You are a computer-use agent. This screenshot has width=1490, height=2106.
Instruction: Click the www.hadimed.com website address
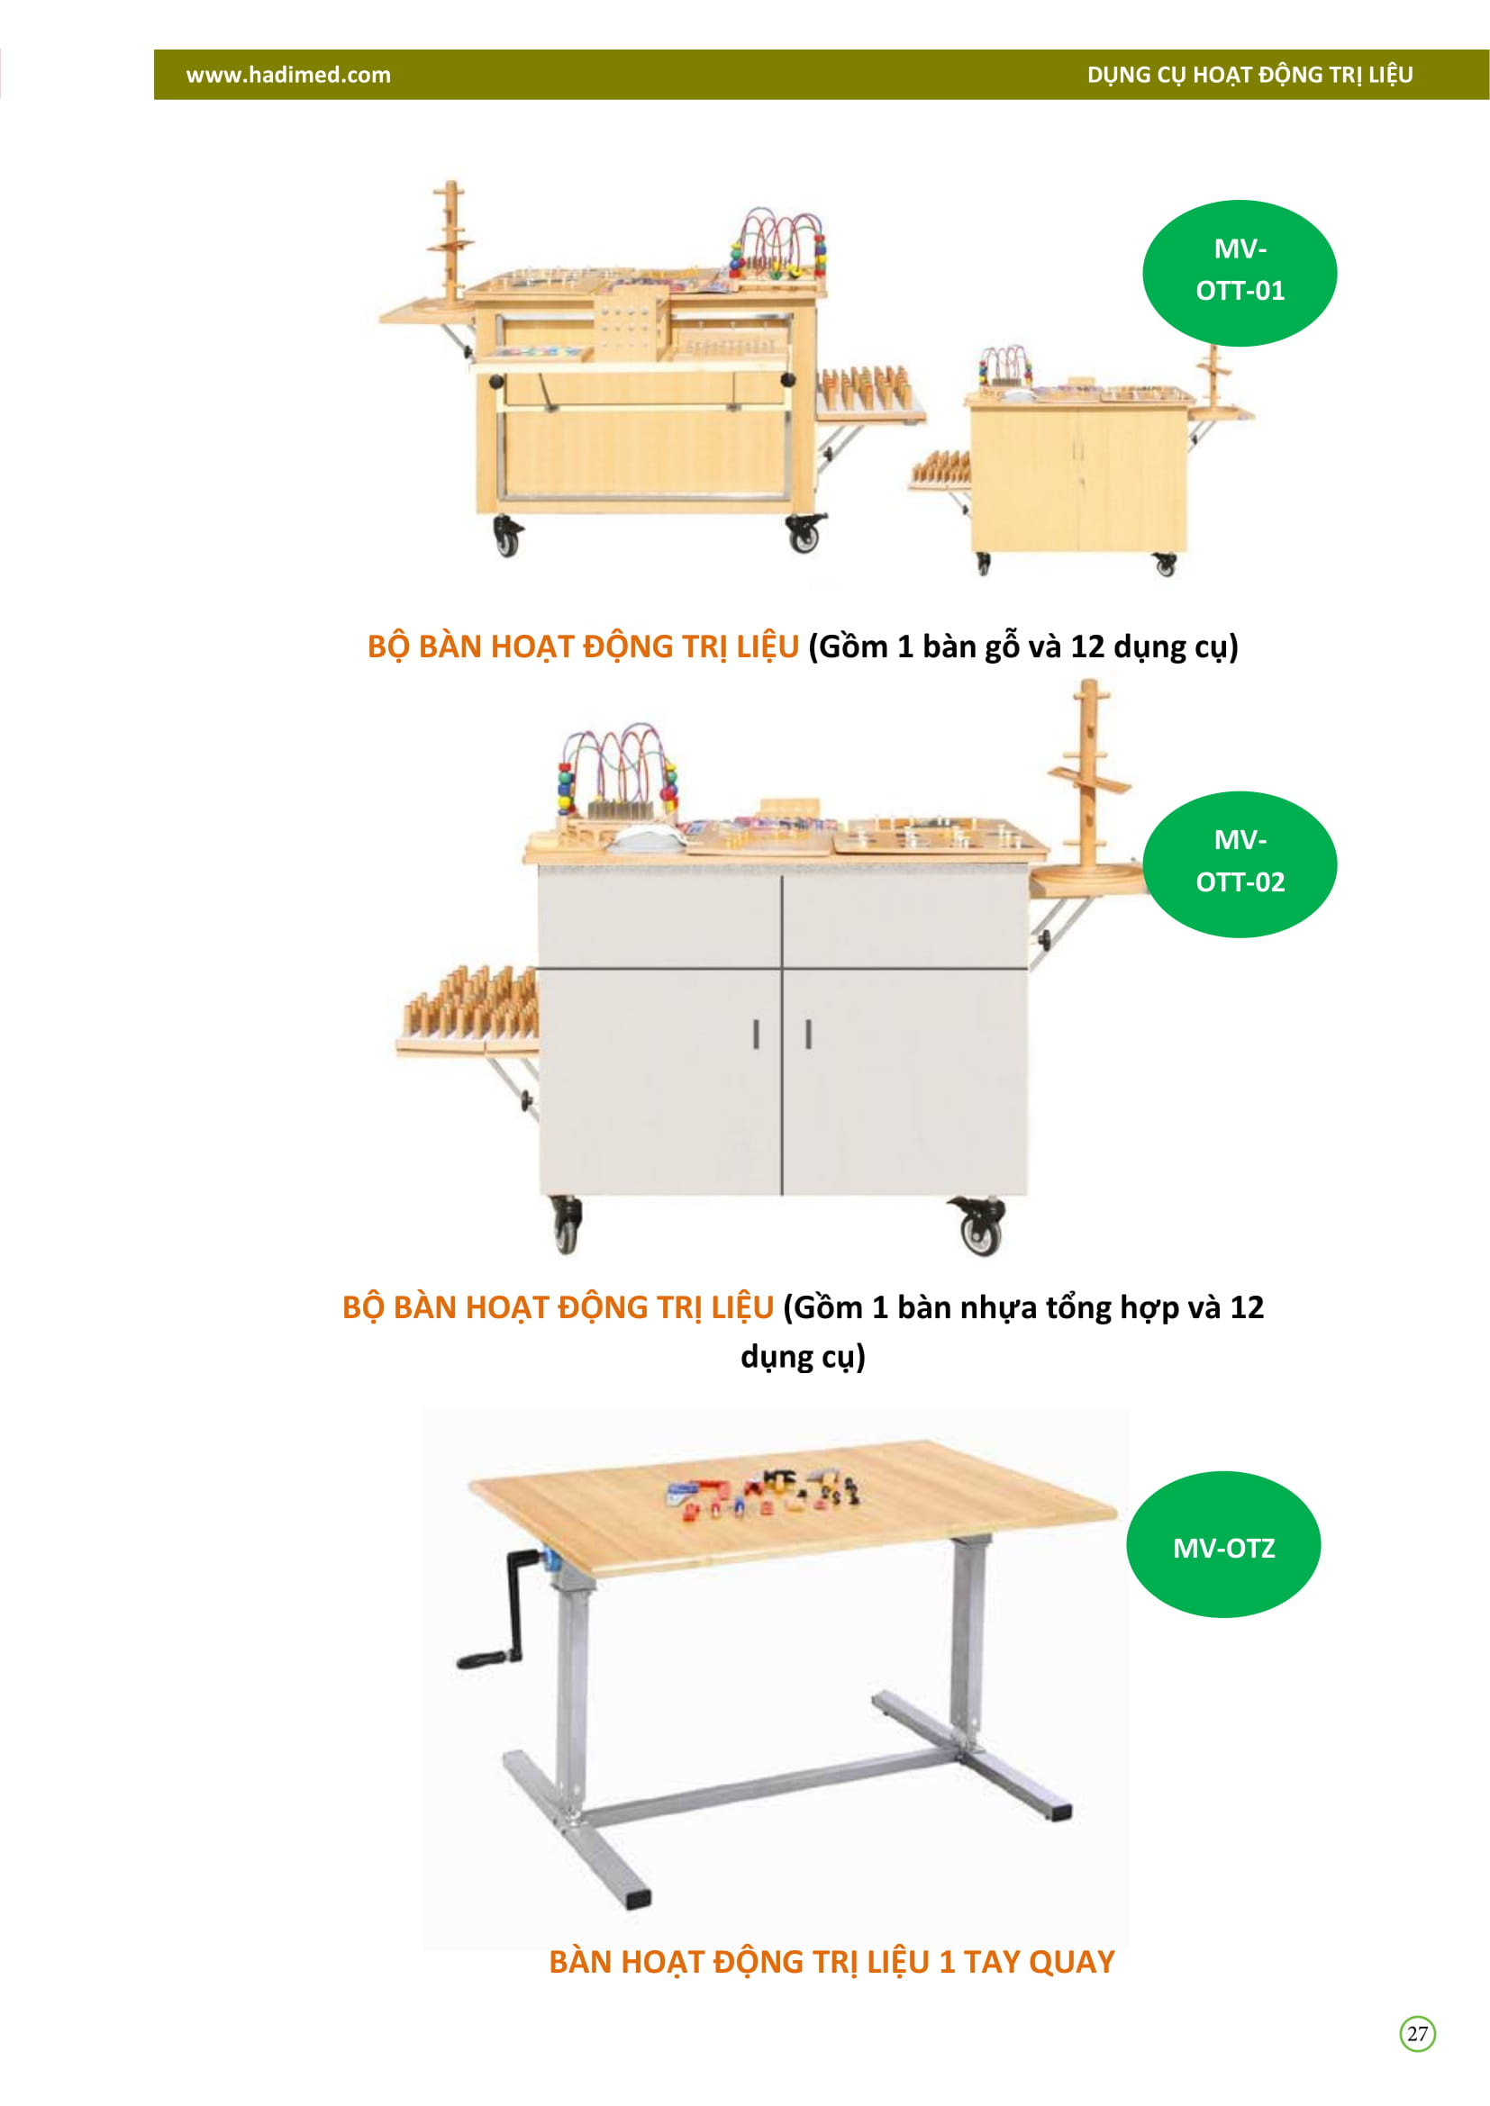288,76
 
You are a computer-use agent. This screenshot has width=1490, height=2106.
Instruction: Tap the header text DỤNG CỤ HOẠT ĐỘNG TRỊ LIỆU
1249,76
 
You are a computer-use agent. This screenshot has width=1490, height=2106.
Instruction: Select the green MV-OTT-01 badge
1240,274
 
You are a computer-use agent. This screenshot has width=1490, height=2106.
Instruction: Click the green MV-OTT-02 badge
1240,864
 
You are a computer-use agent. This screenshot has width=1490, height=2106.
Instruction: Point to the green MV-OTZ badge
1223,1545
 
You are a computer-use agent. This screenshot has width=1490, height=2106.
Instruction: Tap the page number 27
1418,2034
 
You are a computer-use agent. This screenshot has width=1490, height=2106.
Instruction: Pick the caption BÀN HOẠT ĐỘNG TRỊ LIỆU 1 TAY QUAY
831,1962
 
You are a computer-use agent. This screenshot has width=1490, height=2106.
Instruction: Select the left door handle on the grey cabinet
756,1034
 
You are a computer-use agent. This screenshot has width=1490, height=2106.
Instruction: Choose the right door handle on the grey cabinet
808,1034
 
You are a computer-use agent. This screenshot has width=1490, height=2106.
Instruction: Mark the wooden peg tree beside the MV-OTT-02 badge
1089,780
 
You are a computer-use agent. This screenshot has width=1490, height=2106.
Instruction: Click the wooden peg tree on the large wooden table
450,243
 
